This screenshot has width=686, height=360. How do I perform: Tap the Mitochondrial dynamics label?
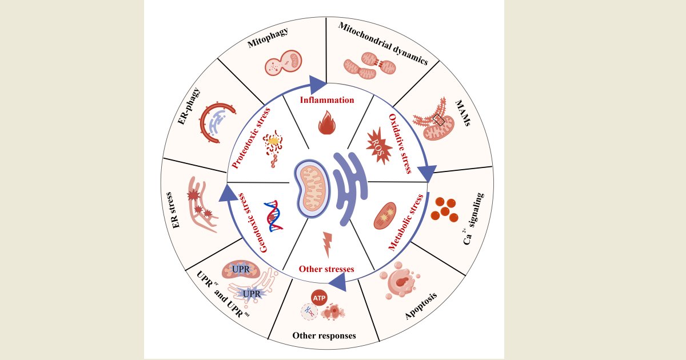click(x=382, y=43)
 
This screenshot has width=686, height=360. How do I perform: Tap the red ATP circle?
click(x=320, y=297)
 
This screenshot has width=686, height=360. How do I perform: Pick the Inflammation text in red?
click(x=328, y=100)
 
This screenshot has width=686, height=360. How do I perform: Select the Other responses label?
click(x=324, y=335)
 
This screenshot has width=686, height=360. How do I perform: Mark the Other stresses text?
click(x=326, y=269)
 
